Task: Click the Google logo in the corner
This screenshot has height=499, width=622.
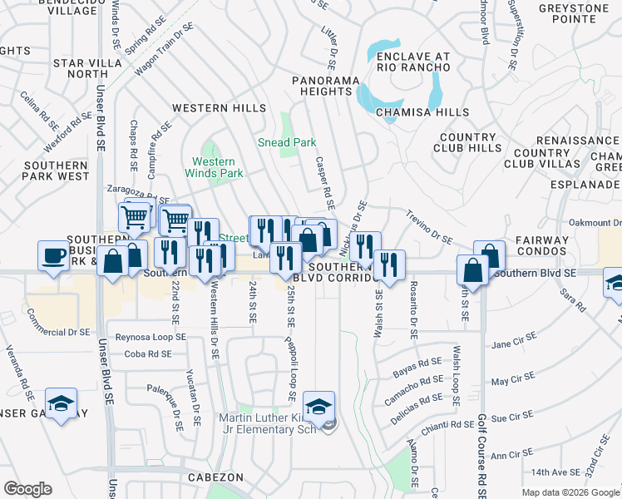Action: tap(27, 489)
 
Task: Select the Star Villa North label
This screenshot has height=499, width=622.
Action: tap(81, 68)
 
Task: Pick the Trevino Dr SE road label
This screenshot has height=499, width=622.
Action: tap(429, 226)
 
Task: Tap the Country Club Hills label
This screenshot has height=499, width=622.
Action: tap(467, 142)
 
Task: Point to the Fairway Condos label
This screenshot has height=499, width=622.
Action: tap(541, 247)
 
